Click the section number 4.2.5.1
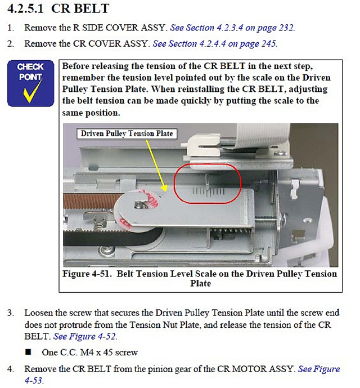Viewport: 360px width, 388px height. [25, 9]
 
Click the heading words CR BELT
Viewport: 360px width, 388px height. [80, 9]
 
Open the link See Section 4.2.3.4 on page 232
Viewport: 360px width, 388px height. [232, 28]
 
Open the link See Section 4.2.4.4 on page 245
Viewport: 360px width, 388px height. [215, 44]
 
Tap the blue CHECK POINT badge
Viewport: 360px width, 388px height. [30, 83]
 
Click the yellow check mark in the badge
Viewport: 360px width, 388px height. [32, 92]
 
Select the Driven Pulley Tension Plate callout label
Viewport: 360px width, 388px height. [127, 133]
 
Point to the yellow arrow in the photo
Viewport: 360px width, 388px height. [156, 166]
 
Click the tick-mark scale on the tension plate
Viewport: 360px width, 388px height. [208, 191]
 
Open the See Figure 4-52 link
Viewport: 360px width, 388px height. [84, 337]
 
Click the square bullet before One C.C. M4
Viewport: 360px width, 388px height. [29, 352]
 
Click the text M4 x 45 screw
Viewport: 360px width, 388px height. [109, 352]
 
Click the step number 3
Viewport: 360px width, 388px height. [11, 313]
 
